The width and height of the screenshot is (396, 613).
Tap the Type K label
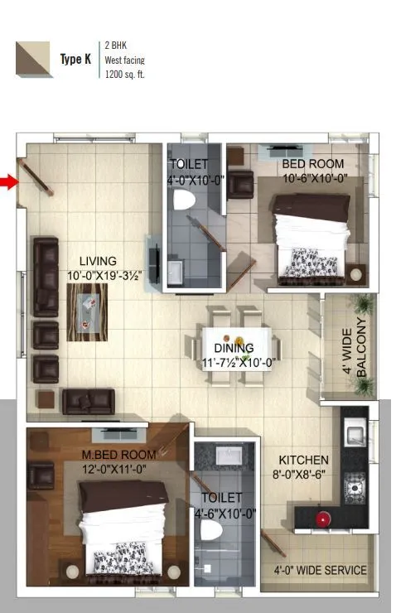click(75, 60)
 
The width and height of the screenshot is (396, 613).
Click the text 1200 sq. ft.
click(125, 75)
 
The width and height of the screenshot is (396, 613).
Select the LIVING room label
click(92, 261)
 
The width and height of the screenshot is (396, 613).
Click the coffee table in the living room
click(88, 311)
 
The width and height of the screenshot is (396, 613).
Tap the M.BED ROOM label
click(119, 455)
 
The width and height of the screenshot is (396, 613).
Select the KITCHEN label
click(303, 460)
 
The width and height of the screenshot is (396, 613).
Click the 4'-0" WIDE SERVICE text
click(320, 570)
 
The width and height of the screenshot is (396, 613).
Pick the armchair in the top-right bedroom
click(241, 183)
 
